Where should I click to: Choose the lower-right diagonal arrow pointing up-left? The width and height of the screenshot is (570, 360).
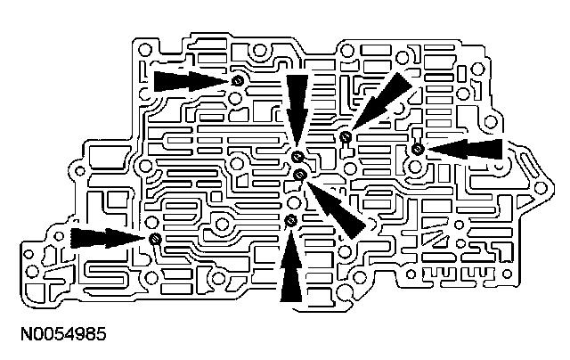click(x=335, y=202)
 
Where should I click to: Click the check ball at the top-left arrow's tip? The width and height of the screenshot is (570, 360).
click(x=237, y=82)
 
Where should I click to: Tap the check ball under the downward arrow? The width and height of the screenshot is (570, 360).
click(x=297, y=158)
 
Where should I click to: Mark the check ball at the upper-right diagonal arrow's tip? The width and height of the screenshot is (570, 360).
click(x=345, y=136)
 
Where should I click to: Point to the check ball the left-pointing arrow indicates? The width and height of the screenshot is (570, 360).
click(x=417, y=148)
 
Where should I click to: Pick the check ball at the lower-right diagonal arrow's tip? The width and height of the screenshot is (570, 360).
click(x=300, y=173)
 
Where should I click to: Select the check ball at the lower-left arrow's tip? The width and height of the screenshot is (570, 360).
click(x=154, y=238)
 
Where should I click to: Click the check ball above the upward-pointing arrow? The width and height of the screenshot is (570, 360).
click(x=291, y=219)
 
